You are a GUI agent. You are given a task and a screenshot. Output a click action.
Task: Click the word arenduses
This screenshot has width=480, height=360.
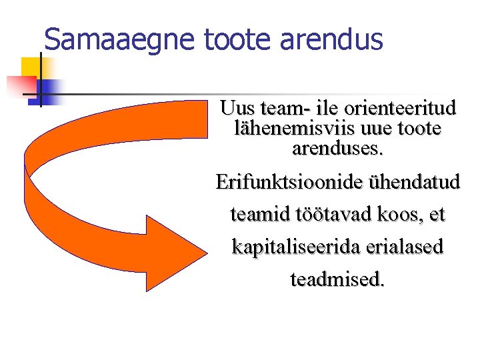337,147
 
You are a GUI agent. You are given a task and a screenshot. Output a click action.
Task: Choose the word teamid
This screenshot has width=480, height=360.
258,215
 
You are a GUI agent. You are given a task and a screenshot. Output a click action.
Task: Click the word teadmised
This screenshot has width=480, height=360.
337,279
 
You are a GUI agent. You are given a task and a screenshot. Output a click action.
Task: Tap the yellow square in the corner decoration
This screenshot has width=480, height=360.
31,67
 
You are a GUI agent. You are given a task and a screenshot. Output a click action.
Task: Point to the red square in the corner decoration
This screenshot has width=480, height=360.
20,85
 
